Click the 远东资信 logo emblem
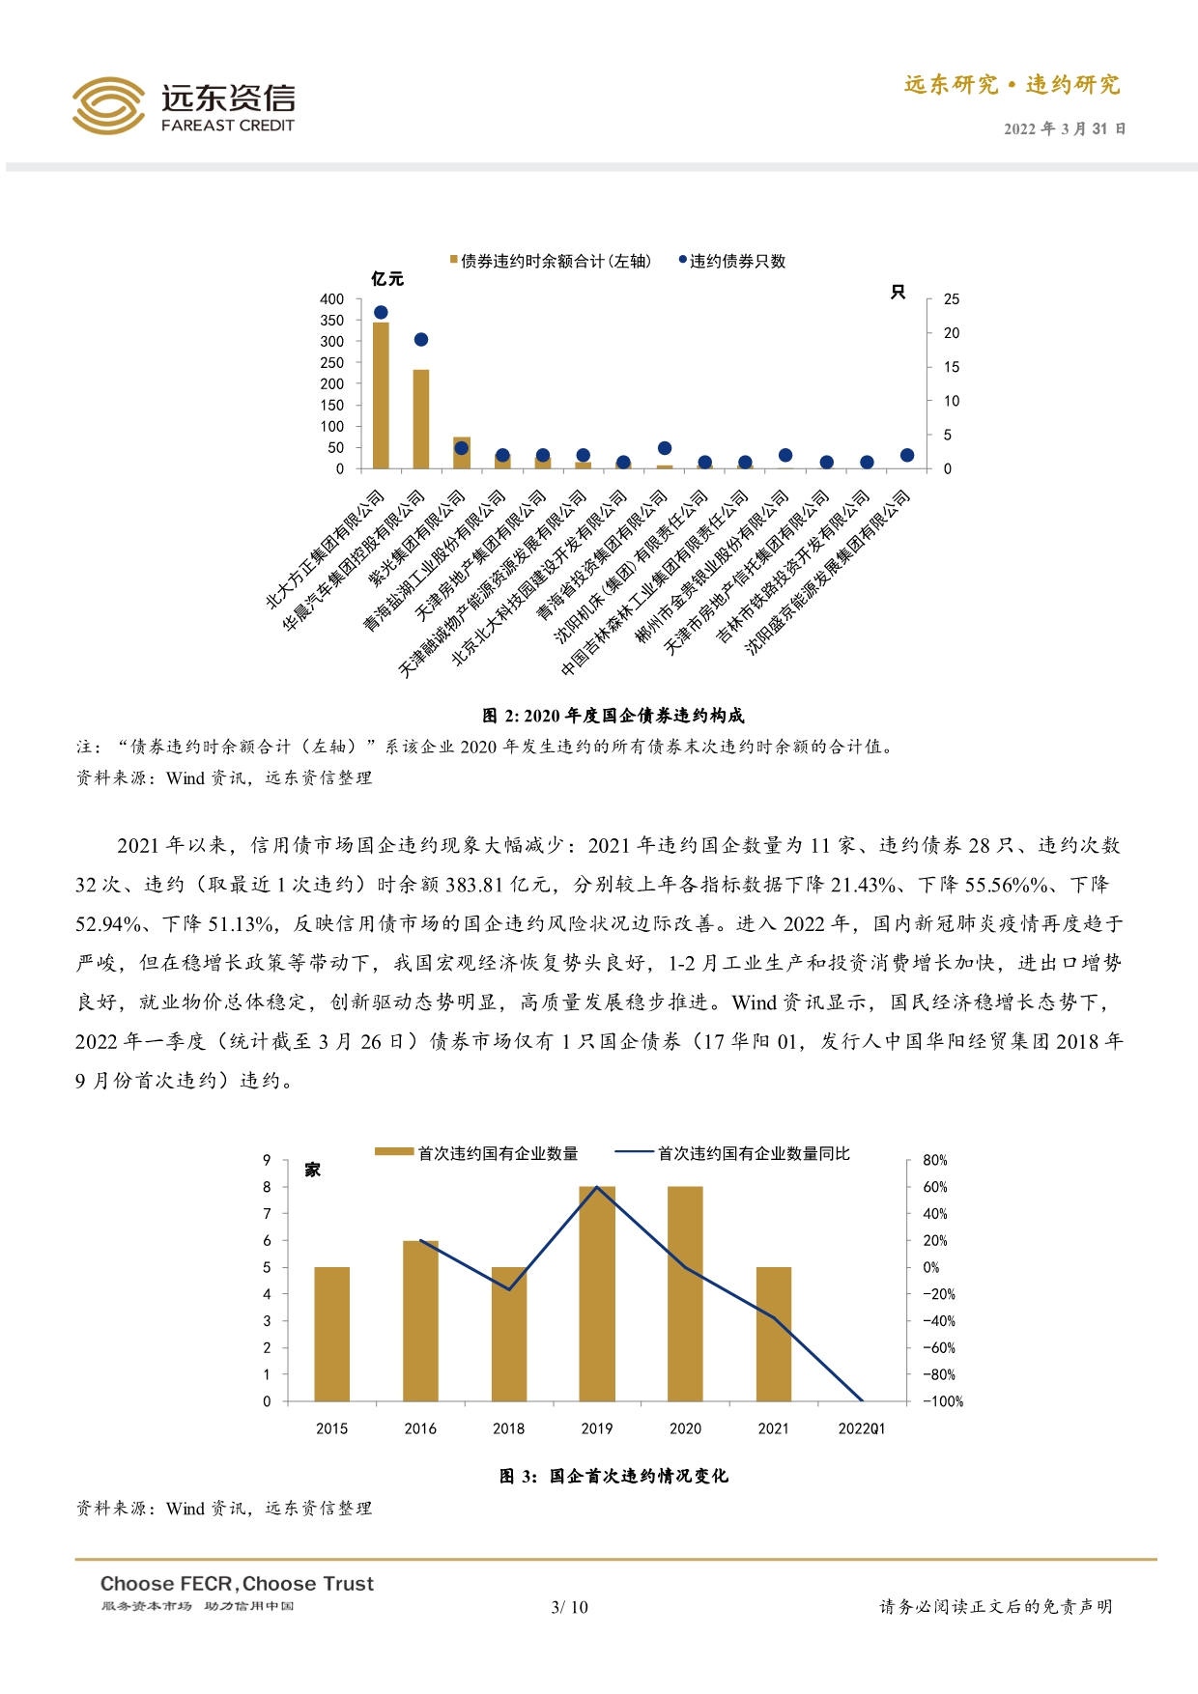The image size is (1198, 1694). (108, 105)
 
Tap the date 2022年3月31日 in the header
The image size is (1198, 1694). (1064, 128)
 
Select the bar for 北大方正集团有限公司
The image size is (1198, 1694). (381, 396)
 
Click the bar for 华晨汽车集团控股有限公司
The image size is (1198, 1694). (421, 419)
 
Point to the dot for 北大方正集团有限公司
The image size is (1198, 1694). (381, 312)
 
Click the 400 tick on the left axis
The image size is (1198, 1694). (331, 299)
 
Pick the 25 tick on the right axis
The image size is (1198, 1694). (952, 299)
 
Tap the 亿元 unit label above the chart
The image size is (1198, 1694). (387, 279)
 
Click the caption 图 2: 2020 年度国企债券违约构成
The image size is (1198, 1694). (613, 716)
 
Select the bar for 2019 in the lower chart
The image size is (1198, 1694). (597, 1294)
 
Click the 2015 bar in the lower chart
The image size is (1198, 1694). (332, 1334)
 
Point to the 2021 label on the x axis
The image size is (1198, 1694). (773, 1428)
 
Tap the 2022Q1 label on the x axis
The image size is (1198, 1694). (861, 1428)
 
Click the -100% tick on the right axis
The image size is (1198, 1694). (943, 1401)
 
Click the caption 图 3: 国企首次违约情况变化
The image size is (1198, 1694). (613, 1476)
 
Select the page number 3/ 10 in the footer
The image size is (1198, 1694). (569, 1607)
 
